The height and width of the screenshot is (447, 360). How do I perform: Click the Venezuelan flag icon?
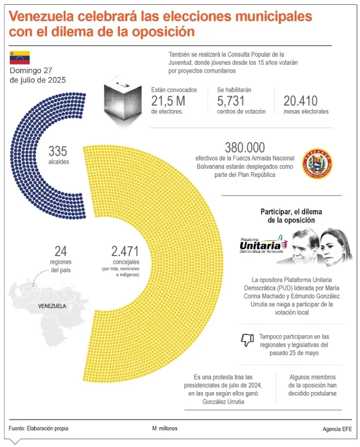pos(19,57)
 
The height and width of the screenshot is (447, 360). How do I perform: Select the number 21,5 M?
pos(168,101)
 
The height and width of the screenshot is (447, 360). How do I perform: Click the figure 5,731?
pos(231,101)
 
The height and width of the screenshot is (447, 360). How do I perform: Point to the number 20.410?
pos(300,101)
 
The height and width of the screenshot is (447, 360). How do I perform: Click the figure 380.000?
pos(245,147)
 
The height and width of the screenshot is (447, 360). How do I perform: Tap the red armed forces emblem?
pos(317,163)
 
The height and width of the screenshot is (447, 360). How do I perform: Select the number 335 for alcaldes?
pos(58,151)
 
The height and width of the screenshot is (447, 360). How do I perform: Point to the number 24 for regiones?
pos(61,252)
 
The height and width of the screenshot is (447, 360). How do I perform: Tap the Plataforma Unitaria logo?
pos(262,244)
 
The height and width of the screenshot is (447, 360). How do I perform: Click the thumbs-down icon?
pos(246,340)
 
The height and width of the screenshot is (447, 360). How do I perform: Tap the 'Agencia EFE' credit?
pos(335,429)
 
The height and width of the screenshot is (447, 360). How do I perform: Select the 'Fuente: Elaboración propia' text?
pos(38,428)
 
